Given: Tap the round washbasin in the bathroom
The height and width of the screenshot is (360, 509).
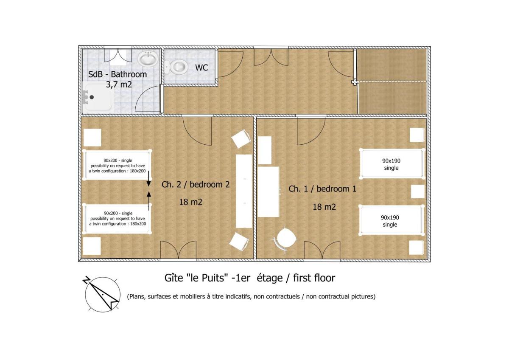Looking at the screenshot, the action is (148, 58).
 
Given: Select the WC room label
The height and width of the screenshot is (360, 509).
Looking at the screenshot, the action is (201, 67).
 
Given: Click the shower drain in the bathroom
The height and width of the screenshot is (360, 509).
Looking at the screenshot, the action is (92, 97).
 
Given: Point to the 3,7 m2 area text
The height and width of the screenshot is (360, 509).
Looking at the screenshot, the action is (119, 84).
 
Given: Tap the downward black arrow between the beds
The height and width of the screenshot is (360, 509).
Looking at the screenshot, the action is (148, 179).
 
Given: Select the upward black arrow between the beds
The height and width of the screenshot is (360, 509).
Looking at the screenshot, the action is (149, 201).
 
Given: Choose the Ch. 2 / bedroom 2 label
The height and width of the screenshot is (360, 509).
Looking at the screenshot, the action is (196, 184).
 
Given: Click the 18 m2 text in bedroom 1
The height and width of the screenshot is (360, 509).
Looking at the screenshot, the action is (324, 207).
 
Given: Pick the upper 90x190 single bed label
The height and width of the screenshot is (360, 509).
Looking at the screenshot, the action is (391, 164).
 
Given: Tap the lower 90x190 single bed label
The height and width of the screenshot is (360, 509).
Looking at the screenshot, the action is (390, 221).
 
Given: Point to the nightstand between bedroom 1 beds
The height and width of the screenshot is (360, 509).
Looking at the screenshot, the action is (418, 191).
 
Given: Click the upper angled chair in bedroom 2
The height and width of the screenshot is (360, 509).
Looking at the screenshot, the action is (241, 138).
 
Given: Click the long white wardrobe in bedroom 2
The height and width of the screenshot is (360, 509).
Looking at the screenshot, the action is (244, 191).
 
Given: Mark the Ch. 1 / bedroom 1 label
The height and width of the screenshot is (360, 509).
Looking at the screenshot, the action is (322, 189).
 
